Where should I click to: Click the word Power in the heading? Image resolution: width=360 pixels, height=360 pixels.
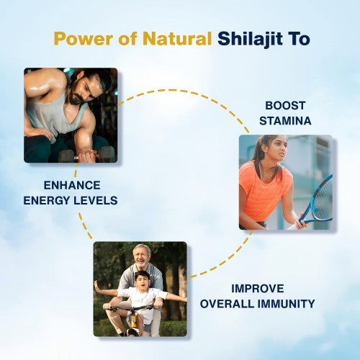click(x=76, y=38)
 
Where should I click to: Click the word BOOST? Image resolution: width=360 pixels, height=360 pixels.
click(x=286, y=105)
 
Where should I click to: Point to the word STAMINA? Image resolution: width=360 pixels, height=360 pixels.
click(x=286, y=120)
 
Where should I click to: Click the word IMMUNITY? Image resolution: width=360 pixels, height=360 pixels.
click(x=289, y=304)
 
